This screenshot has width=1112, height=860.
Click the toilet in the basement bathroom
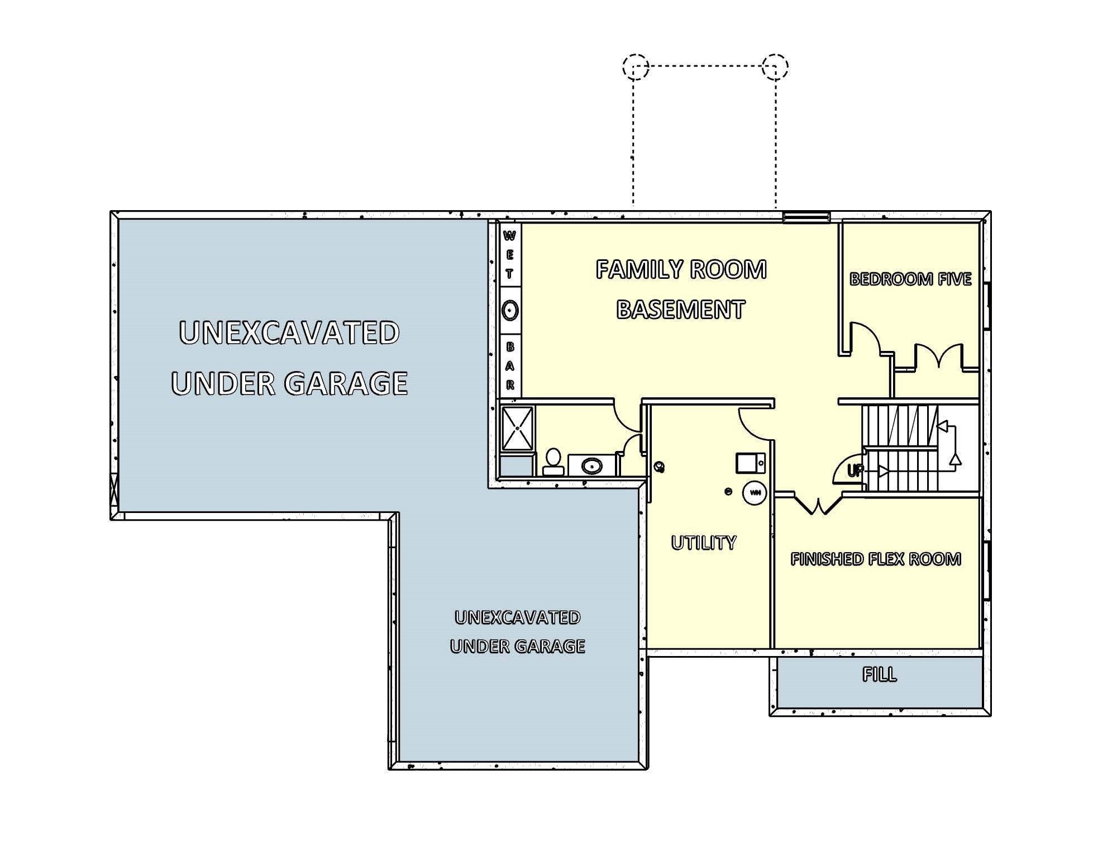coord(553,460)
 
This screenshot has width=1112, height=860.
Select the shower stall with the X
coord(517,428)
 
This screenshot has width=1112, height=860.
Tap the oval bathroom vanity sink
coord(591,465)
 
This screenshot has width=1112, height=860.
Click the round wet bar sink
coord(509,310)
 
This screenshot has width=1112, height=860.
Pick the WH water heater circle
coord(755,493)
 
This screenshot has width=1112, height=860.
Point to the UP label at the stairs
coord(855,471)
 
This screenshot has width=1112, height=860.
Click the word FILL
coord(880,674)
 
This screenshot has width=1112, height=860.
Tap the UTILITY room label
coord(704,543)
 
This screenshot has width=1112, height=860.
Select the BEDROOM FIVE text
coord(910,279)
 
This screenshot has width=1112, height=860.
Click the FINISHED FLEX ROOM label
coord(876,559)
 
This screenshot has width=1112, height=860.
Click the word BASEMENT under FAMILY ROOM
coord(681,310)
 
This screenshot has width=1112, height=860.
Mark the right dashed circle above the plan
coord(775,66)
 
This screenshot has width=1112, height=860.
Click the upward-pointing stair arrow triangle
coord(955,460)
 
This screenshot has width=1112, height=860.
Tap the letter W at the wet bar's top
coord(509,236)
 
